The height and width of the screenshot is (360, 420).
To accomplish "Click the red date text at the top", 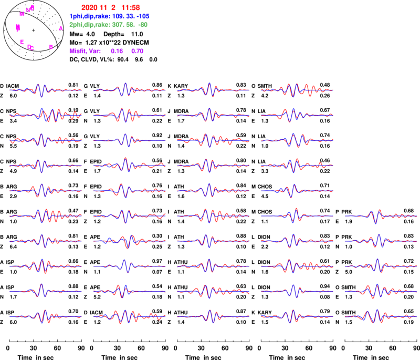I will pos(110,8).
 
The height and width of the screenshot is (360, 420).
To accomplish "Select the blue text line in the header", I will pos(109,16).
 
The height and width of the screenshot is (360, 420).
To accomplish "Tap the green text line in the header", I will pos(108,24).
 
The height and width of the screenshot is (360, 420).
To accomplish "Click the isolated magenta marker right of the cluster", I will pos(61,28).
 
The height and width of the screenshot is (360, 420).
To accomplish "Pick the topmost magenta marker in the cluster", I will pos(33,7).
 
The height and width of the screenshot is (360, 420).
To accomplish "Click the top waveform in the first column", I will pos(45,90).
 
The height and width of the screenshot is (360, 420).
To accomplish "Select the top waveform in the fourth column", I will pos(297,90).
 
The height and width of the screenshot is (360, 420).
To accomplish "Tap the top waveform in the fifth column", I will pos(381,215).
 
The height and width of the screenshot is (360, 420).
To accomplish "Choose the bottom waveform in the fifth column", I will pos(381,316).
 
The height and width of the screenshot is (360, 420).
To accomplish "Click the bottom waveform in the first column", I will pos(45,316).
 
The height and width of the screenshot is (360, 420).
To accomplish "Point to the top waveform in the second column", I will pos(129,90).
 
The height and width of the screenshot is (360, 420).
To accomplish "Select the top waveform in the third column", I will pos(213,90).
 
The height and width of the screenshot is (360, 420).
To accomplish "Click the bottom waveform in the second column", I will pos(129,316).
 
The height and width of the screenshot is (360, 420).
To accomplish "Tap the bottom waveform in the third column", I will pos(213,316).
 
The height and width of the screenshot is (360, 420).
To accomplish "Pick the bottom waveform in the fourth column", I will pos(297,316).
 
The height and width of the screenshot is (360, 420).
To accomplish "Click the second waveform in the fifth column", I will pos(381,240).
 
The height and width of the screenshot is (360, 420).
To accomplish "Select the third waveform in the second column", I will pos(129,140).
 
